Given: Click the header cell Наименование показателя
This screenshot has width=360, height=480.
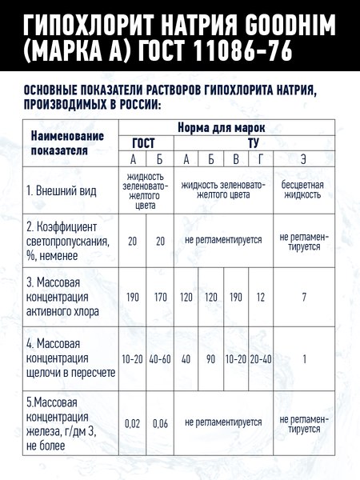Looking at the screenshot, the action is point(61,142).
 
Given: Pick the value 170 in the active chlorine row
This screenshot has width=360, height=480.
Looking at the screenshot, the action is point(160,297).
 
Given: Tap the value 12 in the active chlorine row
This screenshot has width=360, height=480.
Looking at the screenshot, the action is point(261,297).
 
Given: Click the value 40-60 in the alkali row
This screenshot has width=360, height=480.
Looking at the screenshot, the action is point(160,358).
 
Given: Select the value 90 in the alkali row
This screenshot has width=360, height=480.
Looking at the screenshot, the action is point(211,358).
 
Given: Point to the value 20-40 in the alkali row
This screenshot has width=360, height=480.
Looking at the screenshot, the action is point(261,358).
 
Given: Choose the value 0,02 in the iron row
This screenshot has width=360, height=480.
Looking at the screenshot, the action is point(133,422).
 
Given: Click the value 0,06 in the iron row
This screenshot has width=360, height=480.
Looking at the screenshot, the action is point(160,422).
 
